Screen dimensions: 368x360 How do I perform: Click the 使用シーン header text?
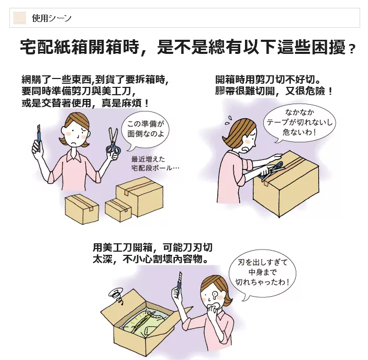[x=52, y=18]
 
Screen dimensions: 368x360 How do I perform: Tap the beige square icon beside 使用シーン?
[x=19, y=18]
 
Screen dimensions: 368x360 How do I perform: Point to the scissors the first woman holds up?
[x=114, y=143]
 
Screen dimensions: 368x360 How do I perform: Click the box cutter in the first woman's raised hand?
[x=39, y=138]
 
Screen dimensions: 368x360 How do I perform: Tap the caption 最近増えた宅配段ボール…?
[x=155, y=164]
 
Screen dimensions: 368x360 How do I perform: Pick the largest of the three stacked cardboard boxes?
[x=140, y=196]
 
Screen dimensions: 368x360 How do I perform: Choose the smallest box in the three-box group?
[x=118, y=210]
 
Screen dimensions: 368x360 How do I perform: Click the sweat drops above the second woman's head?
[x=228, y=120]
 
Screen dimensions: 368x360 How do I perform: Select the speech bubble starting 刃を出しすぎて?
[x=262, y=274]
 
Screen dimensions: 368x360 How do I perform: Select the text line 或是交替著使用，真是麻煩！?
[x=85, y=103]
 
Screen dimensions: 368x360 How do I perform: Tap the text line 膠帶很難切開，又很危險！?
[x=274, y=91]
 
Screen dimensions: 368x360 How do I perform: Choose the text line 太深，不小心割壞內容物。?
[x=150, y=260]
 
